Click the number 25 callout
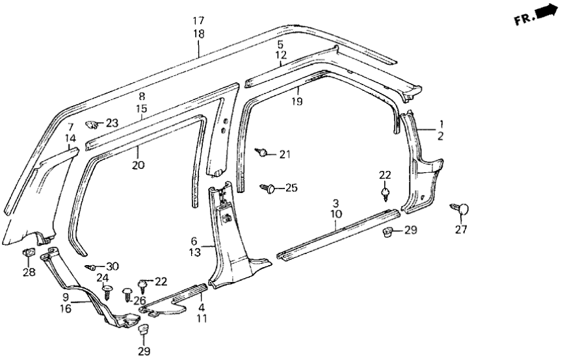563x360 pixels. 291,188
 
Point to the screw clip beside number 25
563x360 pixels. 268,188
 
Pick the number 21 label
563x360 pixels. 284,154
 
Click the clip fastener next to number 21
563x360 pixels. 262,152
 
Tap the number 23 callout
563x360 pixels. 112,122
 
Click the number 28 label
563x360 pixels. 29,272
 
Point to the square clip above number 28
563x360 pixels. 29,253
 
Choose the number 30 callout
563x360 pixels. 112,266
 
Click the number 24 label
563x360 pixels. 103,278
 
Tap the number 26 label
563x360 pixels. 138,300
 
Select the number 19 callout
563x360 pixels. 297,101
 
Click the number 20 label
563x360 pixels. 138,165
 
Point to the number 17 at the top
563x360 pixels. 199,21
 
